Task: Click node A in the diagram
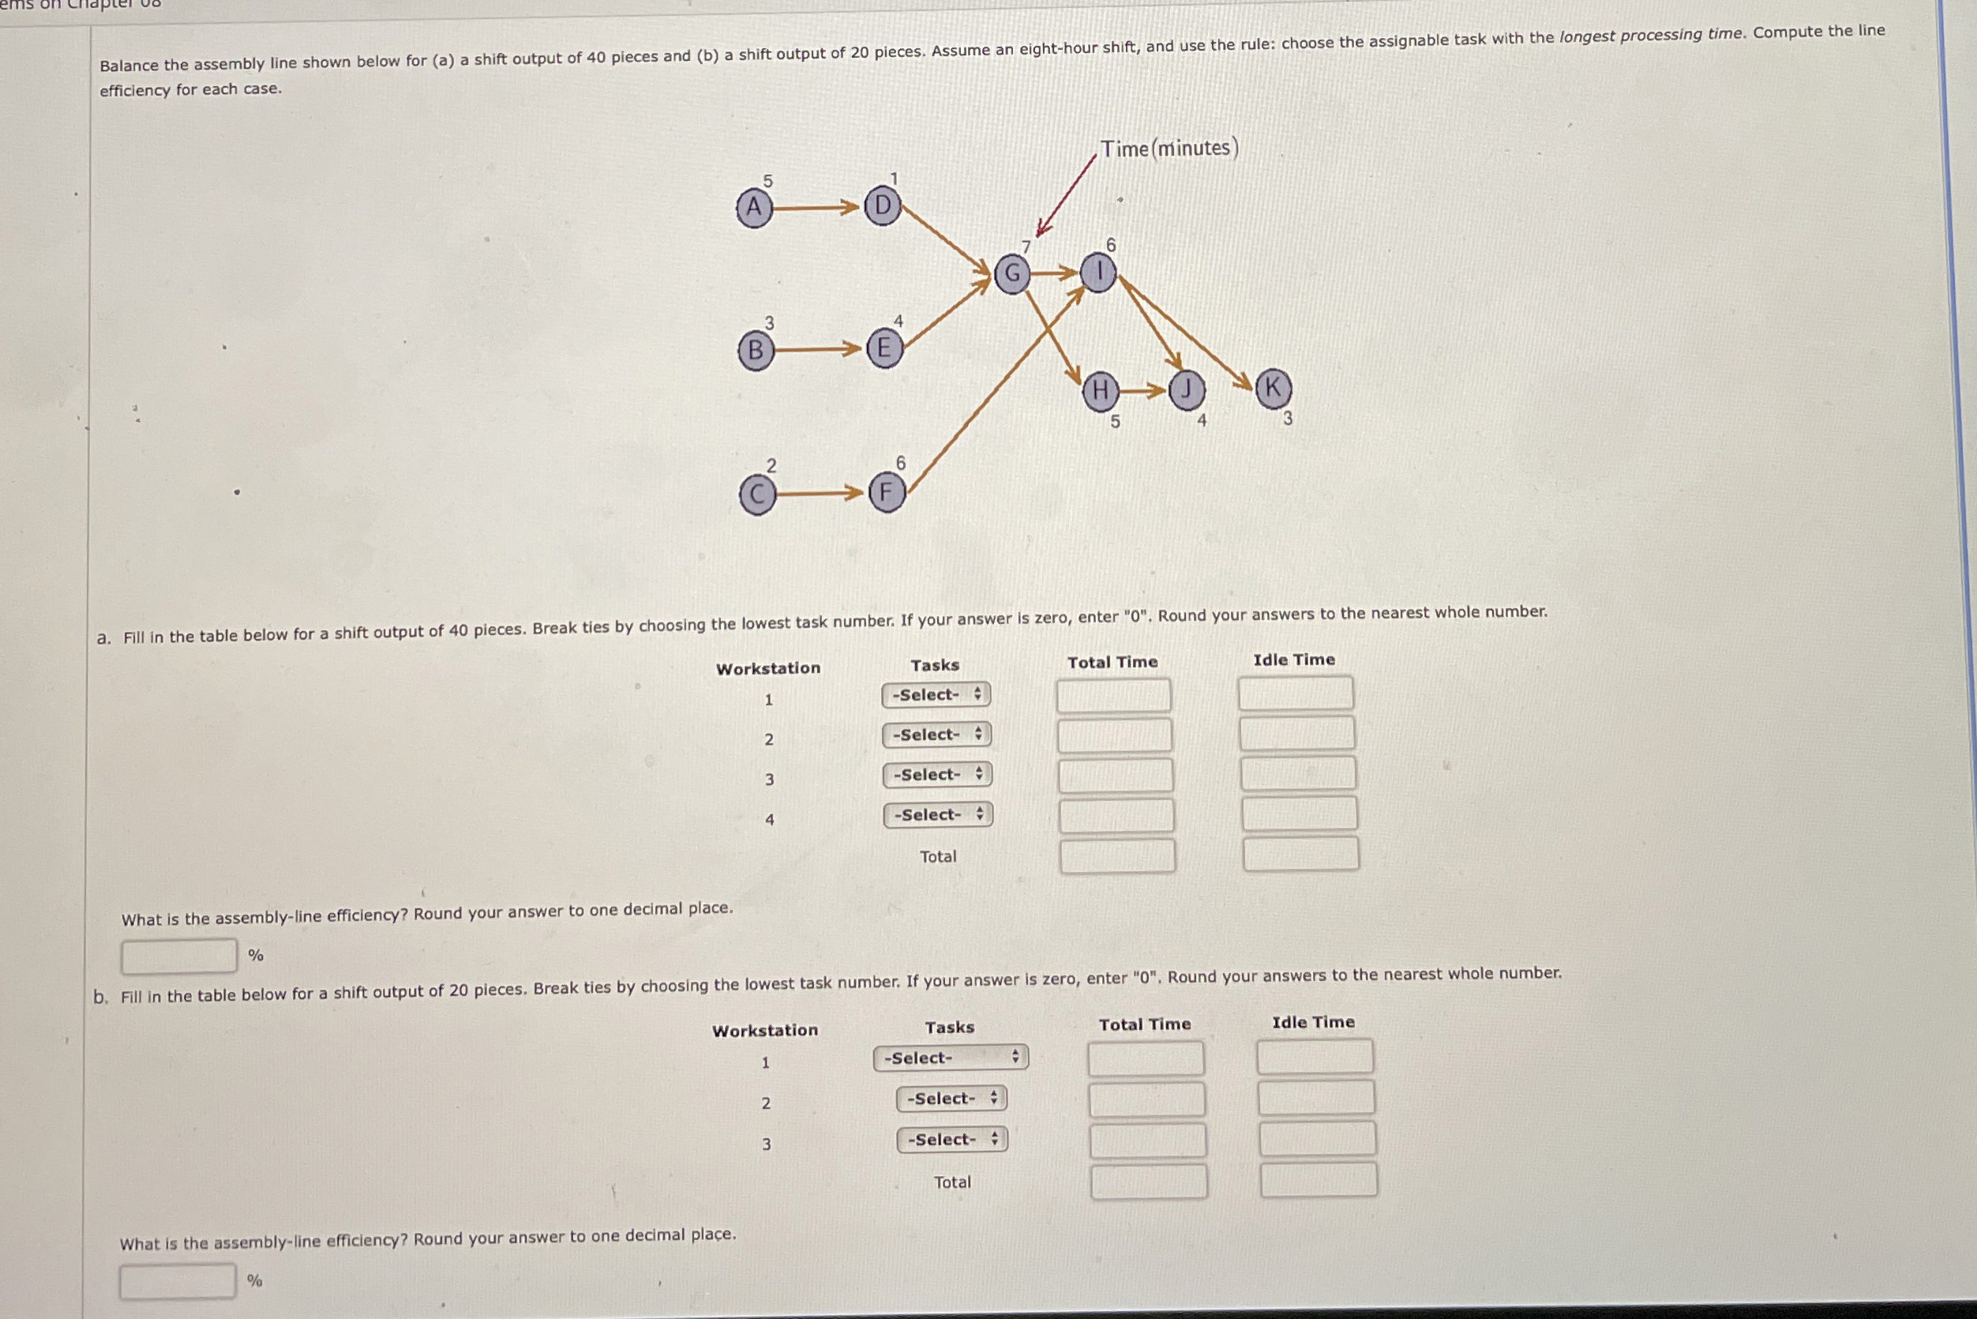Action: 754,207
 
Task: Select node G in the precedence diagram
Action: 1011,273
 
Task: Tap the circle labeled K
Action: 1274,388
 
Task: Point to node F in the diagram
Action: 887,493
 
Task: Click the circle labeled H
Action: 1100,391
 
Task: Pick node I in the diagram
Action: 1098,272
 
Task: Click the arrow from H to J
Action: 1144,390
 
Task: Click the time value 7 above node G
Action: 1026,246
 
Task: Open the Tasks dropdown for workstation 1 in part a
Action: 936,695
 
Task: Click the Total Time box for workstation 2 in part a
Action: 1114,735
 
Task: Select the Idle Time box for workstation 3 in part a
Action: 1297,774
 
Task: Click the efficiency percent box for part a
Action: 178,956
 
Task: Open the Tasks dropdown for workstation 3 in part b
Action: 952,1140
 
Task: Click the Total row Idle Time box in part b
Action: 1318,1180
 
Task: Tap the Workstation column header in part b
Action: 764,1031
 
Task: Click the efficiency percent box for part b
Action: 178,1281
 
